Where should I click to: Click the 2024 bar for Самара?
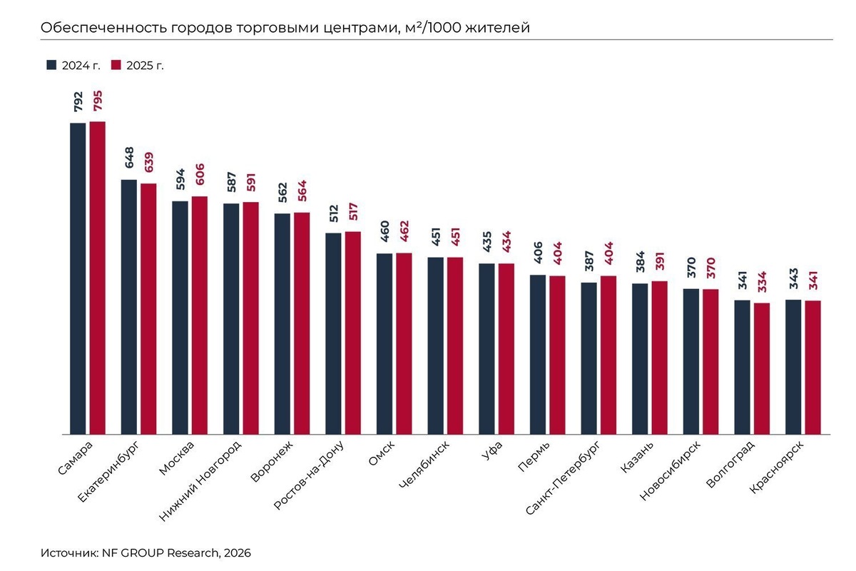78,278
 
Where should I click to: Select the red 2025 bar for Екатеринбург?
148,308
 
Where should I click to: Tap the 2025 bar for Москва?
200,315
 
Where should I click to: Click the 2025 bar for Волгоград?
762,368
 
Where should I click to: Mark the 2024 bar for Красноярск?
793,367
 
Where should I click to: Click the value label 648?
129,158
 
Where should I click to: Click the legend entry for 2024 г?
73,65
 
